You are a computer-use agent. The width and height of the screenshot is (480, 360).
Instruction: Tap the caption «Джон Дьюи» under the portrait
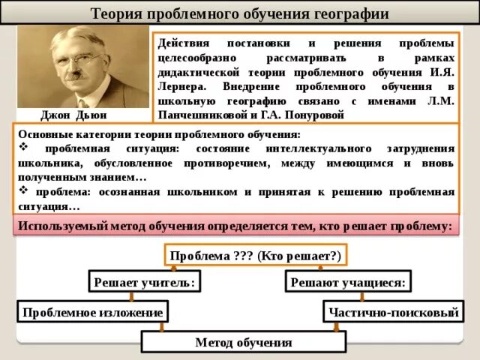[74, 115]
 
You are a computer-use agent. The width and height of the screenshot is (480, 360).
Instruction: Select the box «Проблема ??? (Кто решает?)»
[255, 256]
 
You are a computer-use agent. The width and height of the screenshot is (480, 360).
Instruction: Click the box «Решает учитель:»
[145, 282]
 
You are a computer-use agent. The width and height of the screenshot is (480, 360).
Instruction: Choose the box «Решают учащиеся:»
[349, 282]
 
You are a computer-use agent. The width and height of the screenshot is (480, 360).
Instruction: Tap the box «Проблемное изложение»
[92, 312]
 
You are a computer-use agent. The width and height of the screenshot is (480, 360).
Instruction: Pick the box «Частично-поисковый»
[391, 312]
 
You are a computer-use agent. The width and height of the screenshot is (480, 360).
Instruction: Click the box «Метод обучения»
[243, 342]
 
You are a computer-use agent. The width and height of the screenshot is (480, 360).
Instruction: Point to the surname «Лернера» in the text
[182, 86]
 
